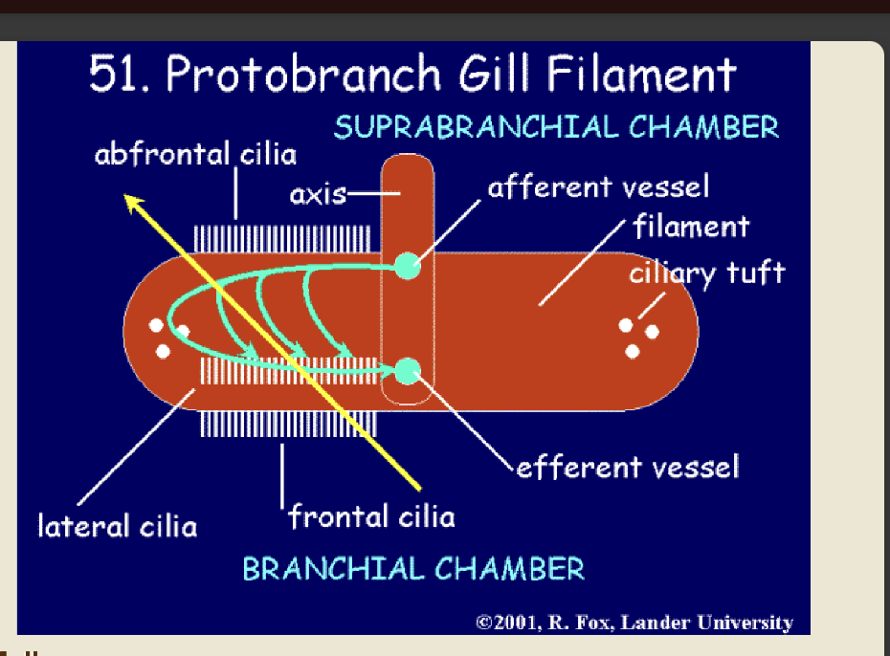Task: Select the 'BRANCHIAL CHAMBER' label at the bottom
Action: point(412,569)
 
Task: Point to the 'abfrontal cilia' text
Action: point(195,154)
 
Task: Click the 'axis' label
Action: point(318,195)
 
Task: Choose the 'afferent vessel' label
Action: point(598,186)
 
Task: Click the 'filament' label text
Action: point(690,227)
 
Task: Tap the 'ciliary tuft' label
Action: point(706,273)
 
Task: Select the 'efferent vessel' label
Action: point(628,468)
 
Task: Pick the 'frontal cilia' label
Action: point(371,517)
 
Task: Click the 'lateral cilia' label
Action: point(117,525)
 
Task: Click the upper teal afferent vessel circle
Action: point(408,265)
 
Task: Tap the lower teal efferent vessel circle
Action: point(408,369)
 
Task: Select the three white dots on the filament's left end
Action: point(167,337)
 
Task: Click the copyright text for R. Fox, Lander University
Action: point(634,623)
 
